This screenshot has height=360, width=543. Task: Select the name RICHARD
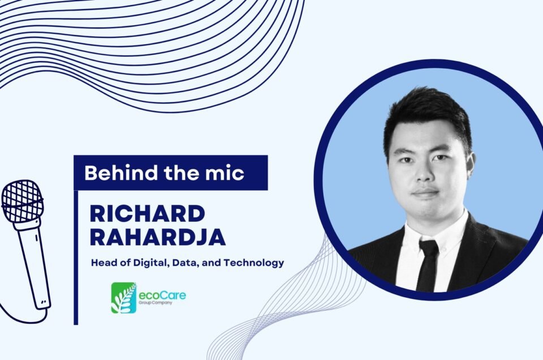(x=148, y=214)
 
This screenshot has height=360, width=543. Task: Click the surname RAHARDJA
(x=158, y=237)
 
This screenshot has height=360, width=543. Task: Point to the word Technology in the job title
(x=254, y=263)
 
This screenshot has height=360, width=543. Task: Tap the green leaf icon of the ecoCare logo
(x=124, y=298)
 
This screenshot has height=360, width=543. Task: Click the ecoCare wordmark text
(x=162, y=295)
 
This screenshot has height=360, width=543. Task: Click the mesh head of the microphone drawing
(x=22, y=202)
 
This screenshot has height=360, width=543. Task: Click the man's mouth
(x=426, y=192)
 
